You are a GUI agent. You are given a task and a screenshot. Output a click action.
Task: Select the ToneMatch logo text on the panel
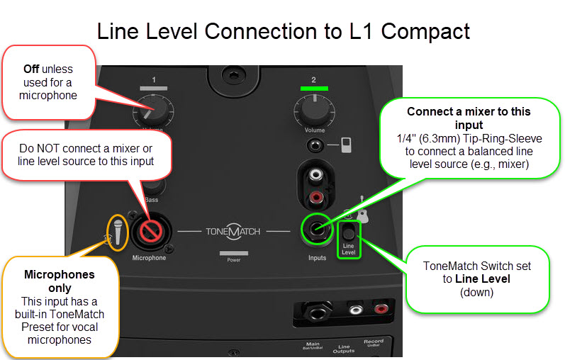tap(233, 232)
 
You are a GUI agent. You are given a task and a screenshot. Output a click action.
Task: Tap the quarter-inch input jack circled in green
tap(316, 229)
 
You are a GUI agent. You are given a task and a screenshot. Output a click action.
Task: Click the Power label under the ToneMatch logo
tap(233, 259)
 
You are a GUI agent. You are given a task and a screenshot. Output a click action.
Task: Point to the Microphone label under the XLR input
tap(149, 258)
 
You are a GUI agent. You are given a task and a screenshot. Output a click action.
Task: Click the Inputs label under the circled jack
tap(317, 258)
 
